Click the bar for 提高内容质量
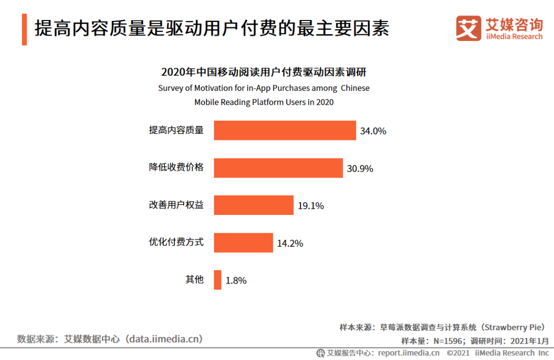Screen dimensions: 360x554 click(x=285, y=130)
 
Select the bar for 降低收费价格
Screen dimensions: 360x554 click(x=278, y=168)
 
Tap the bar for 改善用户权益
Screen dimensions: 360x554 click(x=253, y=205)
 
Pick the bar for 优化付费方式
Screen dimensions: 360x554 click(x=243, y=243)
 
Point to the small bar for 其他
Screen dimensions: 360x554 click(x=217, y=280)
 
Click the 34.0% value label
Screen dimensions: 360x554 click(x=373, y=131)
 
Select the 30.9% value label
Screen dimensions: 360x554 click(x=360, y=168)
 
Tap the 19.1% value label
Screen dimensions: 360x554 click(x=311, y=206)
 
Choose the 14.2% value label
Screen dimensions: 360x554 click(x=290, y=243)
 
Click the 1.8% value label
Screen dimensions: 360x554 click(x=236, y=281)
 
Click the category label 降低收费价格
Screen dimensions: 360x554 click(x=176, y=167)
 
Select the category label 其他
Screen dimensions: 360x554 click(x=194, y=279)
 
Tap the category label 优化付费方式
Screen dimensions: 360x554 click(x=176, y=242)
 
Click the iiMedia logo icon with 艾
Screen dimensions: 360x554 click(x=468, y=28)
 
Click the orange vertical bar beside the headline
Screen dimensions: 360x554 click(x=24, y=29)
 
